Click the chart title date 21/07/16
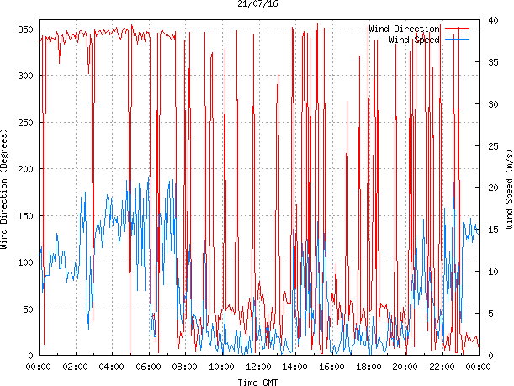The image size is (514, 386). click(257, 4)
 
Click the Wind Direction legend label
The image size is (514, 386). click(404, 29)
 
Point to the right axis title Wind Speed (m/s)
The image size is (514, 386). click(508, 191)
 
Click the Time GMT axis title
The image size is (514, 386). click(257, 382)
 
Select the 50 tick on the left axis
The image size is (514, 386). click(28, 309)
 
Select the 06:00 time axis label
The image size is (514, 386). click(149, 367)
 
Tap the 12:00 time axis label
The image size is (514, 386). click(258, 367)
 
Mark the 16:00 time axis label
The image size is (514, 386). click(331, 367)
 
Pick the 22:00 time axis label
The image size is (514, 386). click(441, 367)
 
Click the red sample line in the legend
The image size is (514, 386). click(456, 29)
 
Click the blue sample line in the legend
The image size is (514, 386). click(456, 40)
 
